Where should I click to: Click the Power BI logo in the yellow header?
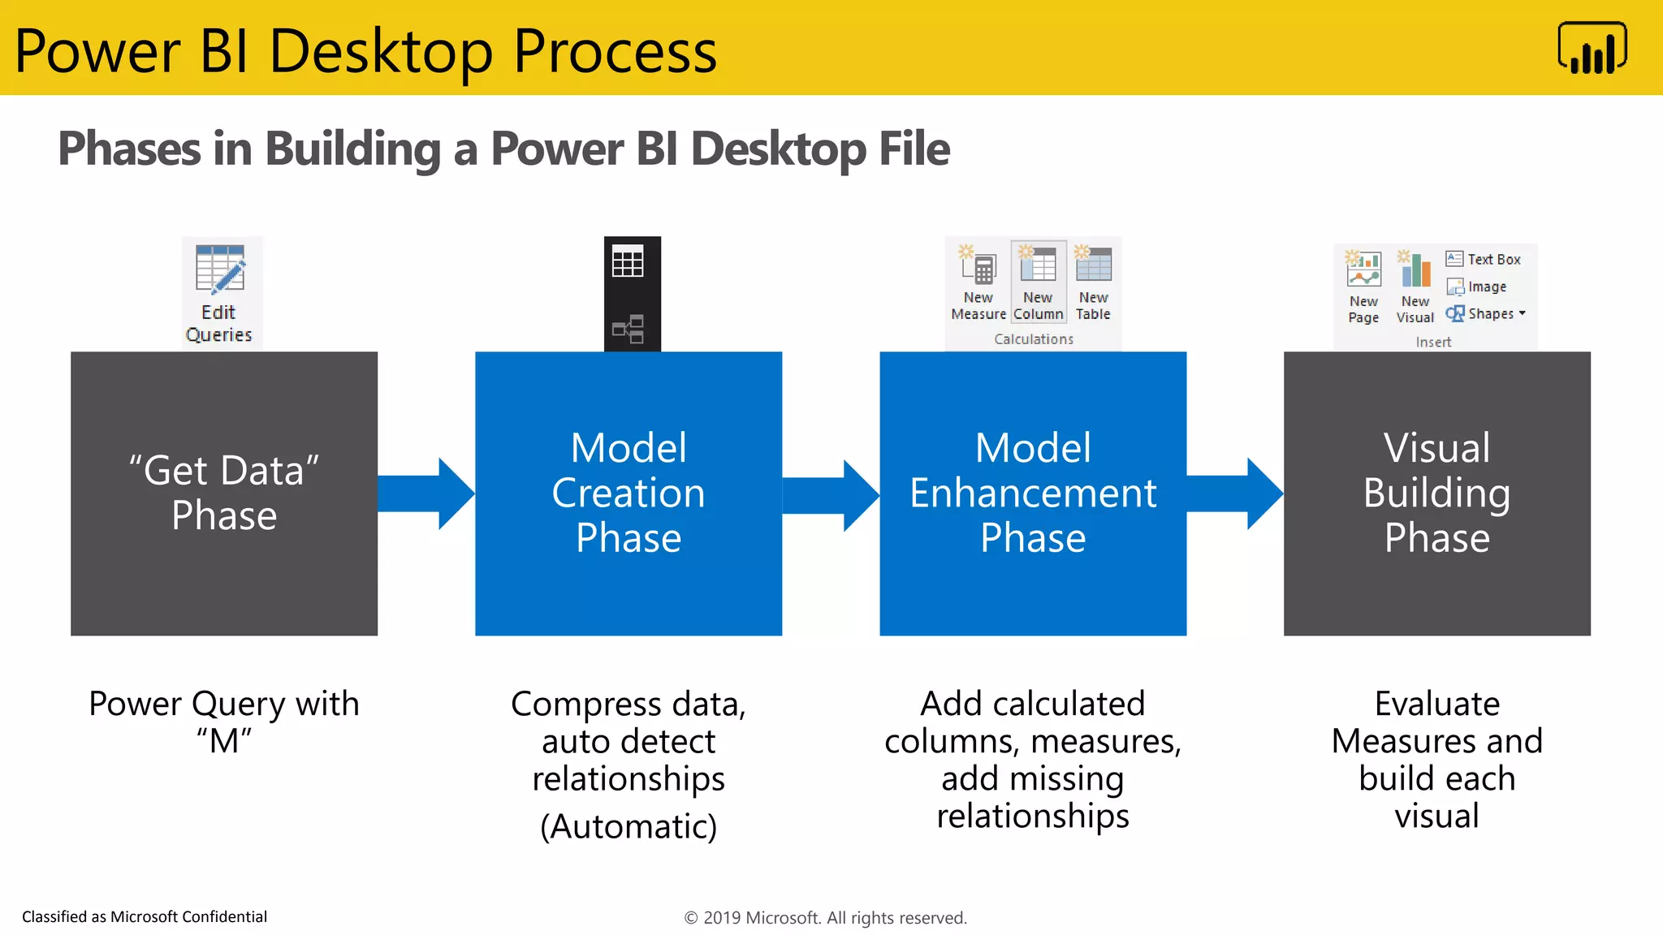click(1592, 49)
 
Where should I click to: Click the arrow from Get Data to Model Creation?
click(425, 493)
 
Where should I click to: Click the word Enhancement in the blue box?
click(1033, 493)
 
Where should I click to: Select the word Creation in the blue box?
click(628, 493)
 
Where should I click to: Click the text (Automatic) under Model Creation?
click(628, 826)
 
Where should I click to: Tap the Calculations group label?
click(1034, 339)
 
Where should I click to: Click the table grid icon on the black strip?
click(628, 262)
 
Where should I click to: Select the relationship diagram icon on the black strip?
click(628, 329)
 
